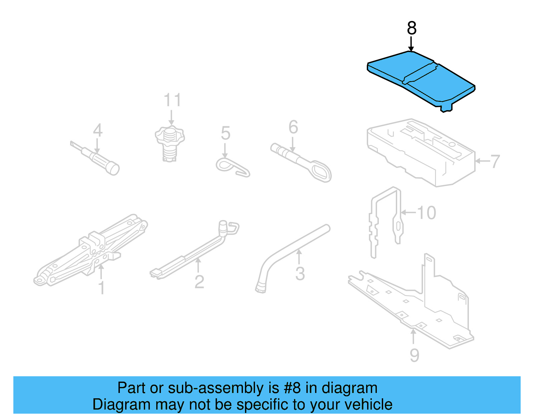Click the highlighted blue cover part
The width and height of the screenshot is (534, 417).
421,78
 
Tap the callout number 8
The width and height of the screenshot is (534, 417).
412,28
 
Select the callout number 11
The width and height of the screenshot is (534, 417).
172,100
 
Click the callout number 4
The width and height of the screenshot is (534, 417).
97,130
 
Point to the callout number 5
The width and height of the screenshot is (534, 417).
226,133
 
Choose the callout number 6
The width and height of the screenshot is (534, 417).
293,127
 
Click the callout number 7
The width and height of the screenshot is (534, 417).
495,161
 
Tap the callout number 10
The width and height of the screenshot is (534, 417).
427,213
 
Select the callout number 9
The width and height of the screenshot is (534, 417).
414,355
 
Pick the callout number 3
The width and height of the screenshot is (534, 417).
300,274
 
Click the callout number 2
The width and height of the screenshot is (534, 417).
199,282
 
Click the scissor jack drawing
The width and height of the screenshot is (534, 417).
90,250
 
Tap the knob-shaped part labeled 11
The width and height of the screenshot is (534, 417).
170,142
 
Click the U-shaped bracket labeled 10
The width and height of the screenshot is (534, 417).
385,220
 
